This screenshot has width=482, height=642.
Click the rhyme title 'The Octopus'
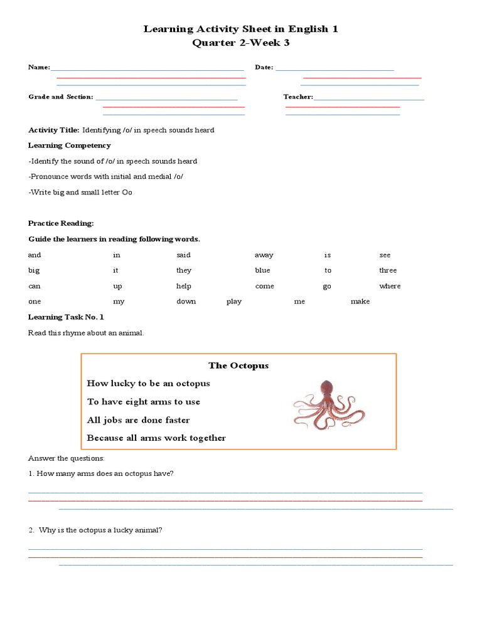pyautogui.click(x=238, y=366)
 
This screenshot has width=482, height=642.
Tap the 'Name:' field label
pyautogui.click(x=39, y=67)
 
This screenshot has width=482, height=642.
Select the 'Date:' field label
pyautogui.click(x=264, y=67)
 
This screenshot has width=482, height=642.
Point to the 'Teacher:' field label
pyautogui.click(x=297, y=97)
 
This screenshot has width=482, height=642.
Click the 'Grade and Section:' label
pyautogui.click(x=60, y=97)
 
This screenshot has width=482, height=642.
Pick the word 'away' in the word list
pyautogui.click(x=264, y=255)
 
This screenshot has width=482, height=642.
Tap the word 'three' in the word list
pyautogui.click(x=388, y=270)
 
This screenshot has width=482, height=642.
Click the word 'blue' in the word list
pyautogui.click(x=262, y=270)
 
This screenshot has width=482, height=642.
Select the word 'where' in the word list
pyautogui.click(x=389, y=286)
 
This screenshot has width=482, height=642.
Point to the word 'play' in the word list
pyautogui.click(x=234, y=302)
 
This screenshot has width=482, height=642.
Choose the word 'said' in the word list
pyautogui.click(x=183, y=255)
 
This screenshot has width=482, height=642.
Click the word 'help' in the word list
pyautogui.click(x=183, y=286)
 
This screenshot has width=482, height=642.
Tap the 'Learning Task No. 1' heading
pyautogui.click(x=66, y=317)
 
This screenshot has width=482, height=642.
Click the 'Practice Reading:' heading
pyautogui.click(x=61, y=223)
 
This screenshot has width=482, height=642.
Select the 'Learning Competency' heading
pyautogui.click(x=69, y=145)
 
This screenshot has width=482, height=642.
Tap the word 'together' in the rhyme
pyautogui.click(x=205, y=438)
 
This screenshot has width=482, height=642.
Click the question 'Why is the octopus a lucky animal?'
pyautogui.click(x=100, y=530)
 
